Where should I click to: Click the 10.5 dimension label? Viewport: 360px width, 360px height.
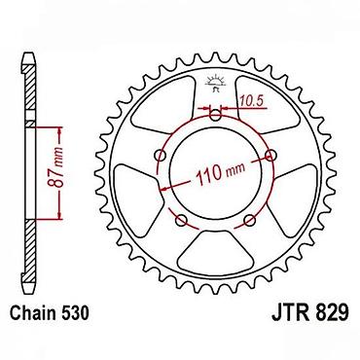pos(252,102)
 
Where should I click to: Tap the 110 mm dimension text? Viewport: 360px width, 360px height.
pos(221,173)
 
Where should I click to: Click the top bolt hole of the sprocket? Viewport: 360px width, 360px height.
pos(216,115)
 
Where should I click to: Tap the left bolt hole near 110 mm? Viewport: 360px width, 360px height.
pos(162,156)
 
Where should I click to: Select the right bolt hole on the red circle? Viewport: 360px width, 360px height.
pos(270,156)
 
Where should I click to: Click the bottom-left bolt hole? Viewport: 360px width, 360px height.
pos(181,221)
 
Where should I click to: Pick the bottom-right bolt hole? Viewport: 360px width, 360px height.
pos(250,221)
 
